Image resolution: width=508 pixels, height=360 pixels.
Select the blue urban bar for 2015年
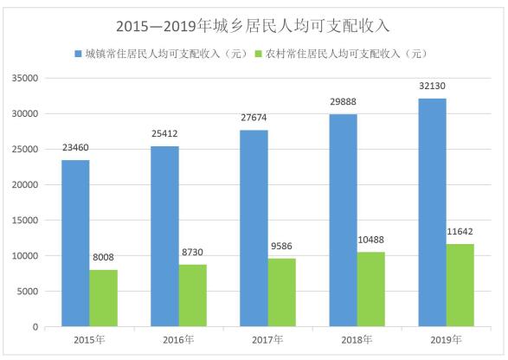pos(75,243)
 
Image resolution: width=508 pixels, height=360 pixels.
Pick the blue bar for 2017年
pos(254,228)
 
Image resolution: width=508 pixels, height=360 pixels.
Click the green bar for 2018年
pos(370,289)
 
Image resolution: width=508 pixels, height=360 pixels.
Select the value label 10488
pos(370,242)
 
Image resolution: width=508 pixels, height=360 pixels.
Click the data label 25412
pos(164,137)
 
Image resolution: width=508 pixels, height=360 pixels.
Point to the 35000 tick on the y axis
pos(25,78)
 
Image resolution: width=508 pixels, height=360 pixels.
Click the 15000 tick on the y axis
pos(25,220)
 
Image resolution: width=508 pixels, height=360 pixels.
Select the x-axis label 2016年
pos(178,341)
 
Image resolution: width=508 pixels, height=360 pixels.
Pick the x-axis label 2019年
pos(446,341)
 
